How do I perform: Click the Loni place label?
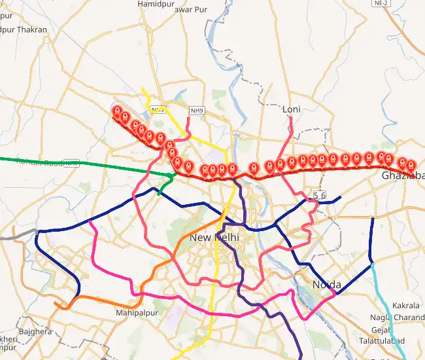tap(291, 109)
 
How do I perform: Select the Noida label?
tap(327, 285)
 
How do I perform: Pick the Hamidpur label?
tap(154, 4)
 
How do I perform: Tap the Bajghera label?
tap(35, 332)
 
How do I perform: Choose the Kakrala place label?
tap(406, 306)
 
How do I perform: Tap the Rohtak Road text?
tap(39, 162)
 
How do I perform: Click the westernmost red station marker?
tap(117, 111)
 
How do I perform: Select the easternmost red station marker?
tap(411, 165)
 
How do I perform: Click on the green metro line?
tap(98, 164)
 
